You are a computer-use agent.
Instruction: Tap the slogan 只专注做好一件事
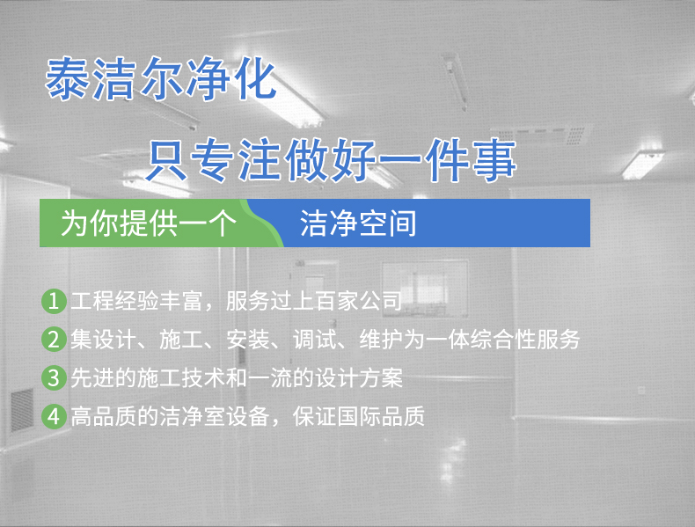click(330, 161)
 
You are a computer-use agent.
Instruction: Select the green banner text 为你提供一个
click(147, 224)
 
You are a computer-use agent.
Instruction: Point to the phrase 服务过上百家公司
click(313, 301)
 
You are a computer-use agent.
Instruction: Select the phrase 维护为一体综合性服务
click(479, 340)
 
